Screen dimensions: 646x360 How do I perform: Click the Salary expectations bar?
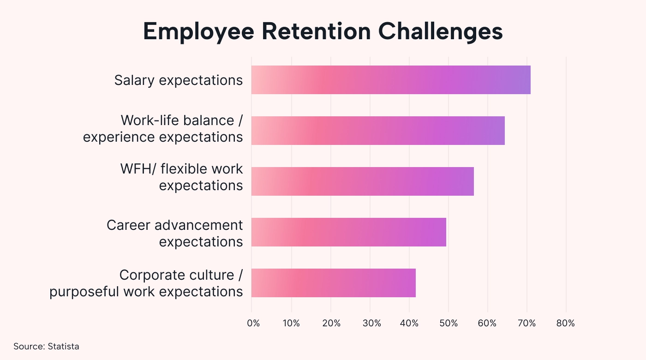pos(391,80)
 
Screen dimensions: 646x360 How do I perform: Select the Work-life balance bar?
pos(378,131)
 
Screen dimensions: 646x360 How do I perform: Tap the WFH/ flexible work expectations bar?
pos(363,181)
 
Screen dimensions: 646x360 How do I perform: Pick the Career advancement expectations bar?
pos(349,232)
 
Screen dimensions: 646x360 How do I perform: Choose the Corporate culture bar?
pos(333,283)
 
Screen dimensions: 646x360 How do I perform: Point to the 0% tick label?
pos(253,324)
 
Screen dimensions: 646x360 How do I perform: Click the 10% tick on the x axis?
pos(291,324)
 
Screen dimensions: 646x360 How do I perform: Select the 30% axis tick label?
pos(372,324)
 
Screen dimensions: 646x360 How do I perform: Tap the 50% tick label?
pos(449,324)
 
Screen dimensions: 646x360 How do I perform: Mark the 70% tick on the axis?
pos(526,324)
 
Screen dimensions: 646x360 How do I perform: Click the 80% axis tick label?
pos(566,324)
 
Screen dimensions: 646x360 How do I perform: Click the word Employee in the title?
pos(199,32)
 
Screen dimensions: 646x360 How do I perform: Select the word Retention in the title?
pos(316,31)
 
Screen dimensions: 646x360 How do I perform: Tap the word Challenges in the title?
pos(440,32)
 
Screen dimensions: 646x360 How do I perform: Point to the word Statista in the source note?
pos(64,346)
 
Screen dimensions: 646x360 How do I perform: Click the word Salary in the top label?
pos(134,81)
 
